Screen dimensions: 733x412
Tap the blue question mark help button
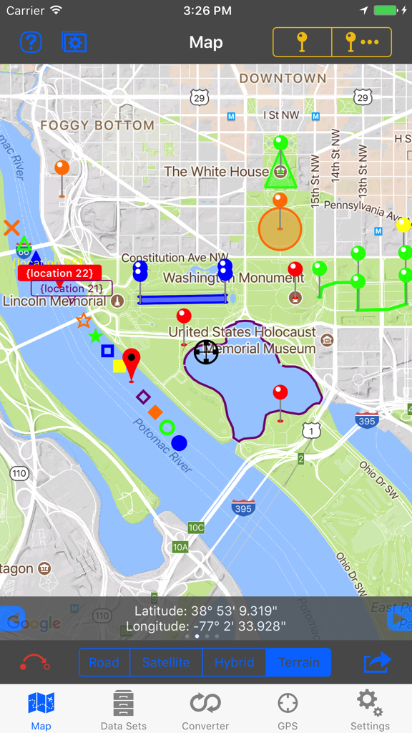click(x=31, y=43)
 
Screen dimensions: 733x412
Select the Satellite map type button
click(x=166, y=662)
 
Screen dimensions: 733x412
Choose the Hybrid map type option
click(x=234, y=662)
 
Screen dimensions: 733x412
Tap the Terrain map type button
click(x=298, y=662)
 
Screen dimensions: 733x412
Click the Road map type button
click(x=104, y=662)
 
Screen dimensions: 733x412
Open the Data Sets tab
click(x=123, y=710)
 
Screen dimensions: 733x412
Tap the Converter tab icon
click(x=205, y=710)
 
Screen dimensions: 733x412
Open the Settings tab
click(x=369, y=710)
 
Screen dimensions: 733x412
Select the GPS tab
click(x=288, y=710)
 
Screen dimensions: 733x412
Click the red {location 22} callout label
click(x=59, y=273)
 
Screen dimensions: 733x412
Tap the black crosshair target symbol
click(x=206, y=351)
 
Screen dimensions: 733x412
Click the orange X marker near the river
click(x=11, y=228)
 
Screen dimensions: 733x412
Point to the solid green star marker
click(x=95, y=336)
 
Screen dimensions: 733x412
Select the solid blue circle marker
click(x=179, y=443)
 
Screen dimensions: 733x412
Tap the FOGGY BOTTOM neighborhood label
click(x=97, y=125)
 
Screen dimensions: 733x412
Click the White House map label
click(x=216, y=172)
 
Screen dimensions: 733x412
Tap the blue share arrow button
click(x=377, y=662)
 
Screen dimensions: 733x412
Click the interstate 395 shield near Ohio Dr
click(x=366, y=421)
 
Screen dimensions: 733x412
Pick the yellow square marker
click(x=119, y=366)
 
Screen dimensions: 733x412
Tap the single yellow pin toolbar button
click(x=303, y=43)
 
